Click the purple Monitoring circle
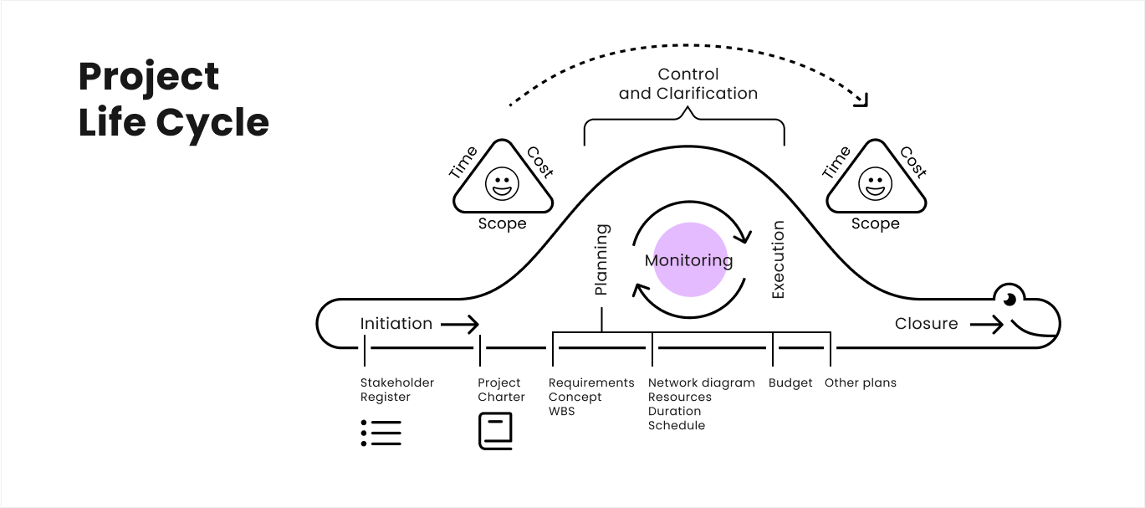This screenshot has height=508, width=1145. coord(689,259)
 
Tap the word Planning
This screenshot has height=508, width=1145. coord(601,259)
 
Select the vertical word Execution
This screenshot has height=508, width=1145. coord(778,259)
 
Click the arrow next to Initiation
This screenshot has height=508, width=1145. coord(460,324)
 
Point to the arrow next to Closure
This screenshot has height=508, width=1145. coord(986,324)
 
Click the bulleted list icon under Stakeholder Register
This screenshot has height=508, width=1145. coord(381,432)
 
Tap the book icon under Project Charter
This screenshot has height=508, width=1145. coord(495,432)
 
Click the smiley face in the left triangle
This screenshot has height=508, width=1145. coord(502,184)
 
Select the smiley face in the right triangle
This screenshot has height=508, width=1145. coord(875,184)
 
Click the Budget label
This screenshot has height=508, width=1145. coord(790,382)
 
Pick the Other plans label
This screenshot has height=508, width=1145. coord(860,382)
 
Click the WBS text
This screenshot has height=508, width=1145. coord(561,411)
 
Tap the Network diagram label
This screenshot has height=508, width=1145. coord(701,382)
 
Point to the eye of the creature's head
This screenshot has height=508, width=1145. coord(1010,299)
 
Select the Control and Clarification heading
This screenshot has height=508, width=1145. coord(688,84)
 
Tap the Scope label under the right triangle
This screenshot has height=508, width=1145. coord(875,223)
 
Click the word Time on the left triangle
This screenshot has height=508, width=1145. coord(463,162)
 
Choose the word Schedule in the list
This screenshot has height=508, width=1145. coord(676,425)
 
